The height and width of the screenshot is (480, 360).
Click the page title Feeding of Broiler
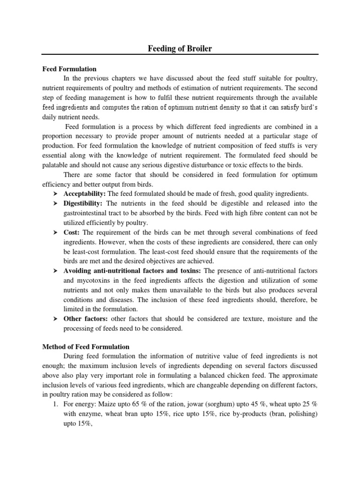point(179,48)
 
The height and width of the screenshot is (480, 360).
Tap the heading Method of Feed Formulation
point(86,346)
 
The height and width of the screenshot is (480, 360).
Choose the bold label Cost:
point(72,232)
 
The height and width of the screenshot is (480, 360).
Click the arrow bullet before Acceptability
point(54,194)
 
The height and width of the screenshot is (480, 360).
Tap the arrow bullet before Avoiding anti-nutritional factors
point(54,271)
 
